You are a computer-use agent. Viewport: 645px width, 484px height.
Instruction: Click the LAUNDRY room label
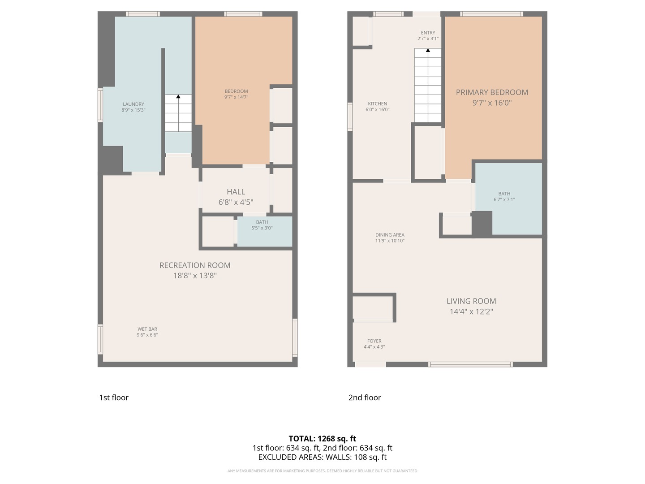click(133, 104)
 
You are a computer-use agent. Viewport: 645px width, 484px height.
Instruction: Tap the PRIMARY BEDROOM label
click(492, 92)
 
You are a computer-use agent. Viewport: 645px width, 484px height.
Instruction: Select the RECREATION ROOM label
click(195, 265)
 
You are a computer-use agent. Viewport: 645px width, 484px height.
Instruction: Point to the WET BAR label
click(147, 329)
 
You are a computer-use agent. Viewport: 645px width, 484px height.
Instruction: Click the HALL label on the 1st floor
click(236, 192)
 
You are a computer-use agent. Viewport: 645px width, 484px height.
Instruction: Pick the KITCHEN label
click(378, 104)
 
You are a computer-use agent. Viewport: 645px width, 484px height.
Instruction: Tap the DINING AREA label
click(390, 235)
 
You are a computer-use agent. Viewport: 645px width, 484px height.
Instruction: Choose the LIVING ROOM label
click(471, 301)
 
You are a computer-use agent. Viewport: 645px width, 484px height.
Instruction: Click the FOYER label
click(374, 341)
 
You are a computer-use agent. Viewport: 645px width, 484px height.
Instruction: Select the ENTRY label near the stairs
click(428, 33)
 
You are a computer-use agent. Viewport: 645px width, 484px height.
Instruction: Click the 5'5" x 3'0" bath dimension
click(262, 228)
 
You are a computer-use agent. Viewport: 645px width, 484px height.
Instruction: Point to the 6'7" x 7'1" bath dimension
click(504, 200)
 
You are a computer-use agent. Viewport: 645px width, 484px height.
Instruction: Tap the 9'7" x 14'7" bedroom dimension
click(236, 97)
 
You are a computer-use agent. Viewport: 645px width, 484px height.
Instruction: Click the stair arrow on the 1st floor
click(178, 96)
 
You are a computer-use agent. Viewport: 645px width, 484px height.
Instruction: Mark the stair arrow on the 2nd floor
click(428, 51)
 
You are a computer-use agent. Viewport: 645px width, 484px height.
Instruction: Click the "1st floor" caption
click(114, 398)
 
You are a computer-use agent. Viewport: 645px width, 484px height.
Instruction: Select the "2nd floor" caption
click(365, 398)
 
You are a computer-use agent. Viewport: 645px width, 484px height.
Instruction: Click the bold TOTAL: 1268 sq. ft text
click(322, 439)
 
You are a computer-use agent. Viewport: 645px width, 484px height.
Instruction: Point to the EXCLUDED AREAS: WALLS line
click(322, 457)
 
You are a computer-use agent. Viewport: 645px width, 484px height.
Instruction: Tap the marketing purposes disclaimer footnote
click(322, 471)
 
